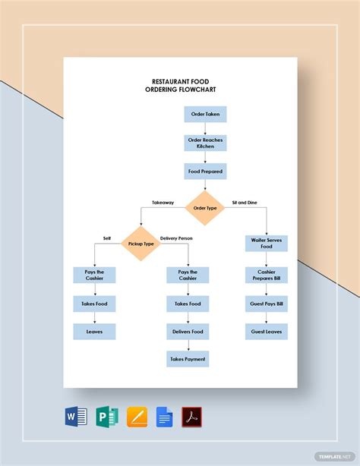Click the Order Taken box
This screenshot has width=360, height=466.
(205, 115)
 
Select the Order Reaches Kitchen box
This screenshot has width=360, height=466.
(205, 143)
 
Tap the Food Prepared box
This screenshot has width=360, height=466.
(205, 172)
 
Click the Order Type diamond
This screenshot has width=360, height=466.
(205, 208)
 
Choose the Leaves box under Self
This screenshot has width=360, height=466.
(95, 332)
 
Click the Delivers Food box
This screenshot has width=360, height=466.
(188, 332)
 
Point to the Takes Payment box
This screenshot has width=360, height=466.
(188, 358)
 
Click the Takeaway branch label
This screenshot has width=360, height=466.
(163, 203)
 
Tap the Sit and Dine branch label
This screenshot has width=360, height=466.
(245, 203)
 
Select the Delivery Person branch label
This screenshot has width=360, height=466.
(176, 238)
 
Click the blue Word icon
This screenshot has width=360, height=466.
(77, 417)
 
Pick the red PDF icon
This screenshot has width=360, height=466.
(192, 417)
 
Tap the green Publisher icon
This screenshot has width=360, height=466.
(106, 417)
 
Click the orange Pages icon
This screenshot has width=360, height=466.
(137, 417)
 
